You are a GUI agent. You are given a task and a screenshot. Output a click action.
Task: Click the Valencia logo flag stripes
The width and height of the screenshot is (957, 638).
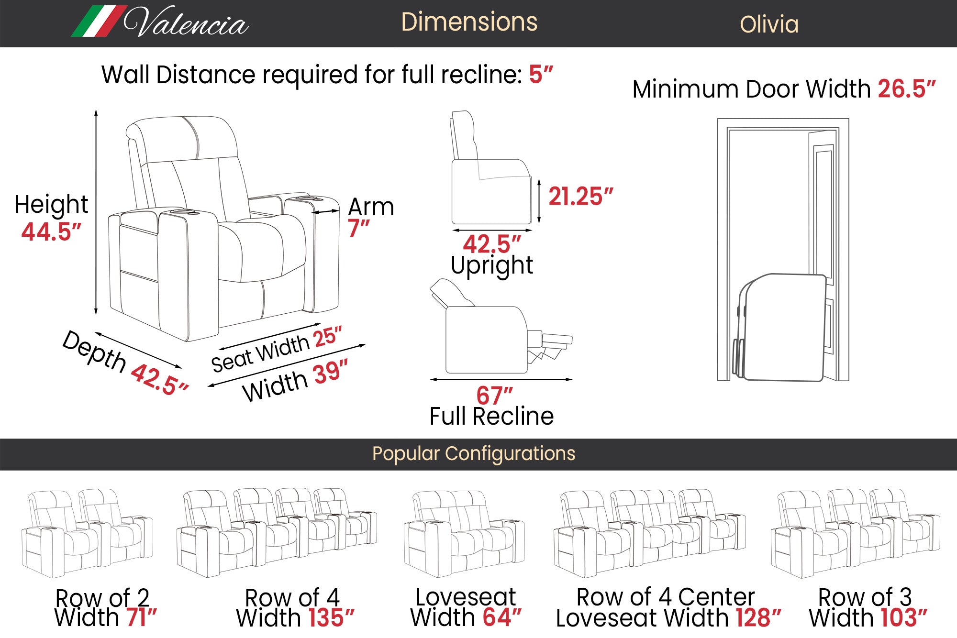pyautogui.click(x=99, y=21)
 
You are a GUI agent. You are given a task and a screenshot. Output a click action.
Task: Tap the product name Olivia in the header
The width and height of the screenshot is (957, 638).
pyautogui.click(x=769, y=24)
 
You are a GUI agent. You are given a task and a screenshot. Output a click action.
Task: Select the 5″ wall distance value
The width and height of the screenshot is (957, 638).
pyautogui.click(x=541, y=75)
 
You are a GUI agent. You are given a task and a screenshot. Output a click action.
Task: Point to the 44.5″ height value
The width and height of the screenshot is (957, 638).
pyautogui.click(x=51, y=232)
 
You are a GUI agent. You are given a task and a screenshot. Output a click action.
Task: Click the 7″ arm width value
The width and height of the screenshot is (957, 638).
pyautogui.click(x=359, y=228)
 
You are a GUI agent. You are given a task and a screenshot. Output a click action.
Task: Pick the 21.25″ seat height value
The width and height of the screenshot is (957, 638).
pyautogui.click(x=580, y=196)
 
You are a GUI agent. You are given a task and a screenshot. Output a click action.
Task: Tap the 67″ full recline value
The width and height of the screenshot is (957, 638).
pyautogui.click(x=494, y=396)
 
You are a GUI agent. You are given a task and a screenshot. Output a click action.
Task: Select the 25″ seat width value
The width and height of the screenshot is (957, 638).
pyautogui.click(x=328, y=337)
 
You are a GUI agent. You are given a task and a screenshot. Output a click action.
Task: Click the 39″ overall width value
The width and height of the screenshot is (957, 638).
pyautogui.click(x=331, y=373)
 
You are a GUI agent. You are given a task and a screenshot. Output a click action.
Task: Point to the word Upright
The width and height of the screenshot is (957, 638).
pyautogui.click(x=492, y=266)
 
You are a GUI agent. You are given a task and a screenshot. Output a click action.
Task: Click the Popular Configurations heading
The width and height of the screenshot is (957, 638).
pyautogui.click(x=474, y=453)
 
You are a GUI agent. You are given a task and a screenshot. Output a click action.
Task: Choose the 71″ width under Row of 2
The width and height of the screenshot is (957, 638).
pyautogui.click(x=142, y=617)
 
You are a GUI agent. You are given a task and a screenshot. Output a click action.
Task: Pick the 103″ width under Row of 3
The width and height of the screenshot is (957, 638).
pyautogui.click(x=904, y=617)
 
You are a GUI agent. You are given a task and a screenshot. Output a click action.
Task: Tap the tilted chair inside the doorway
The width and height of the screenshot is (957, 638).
pyautogui.click(x=780, y=328)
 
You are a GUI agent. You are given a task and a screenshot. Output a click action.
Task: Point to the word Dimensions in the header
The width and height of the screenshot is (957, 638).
pyautogui.click(x=469, y=22)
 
